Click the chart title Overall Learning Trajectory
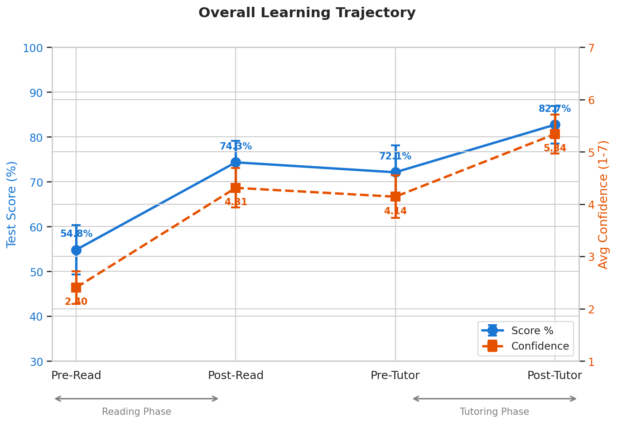(307, 13)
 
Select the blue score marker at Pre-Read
(76, 250)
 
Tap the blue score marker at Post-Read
(236, 162)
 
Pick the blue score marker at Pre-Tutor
(395, 172)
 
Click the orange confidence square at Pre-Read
(76, 288)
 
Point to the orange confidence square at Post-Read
(236, 187)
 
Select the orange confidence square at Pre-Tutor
(395, 197)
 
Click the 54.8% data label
(76, 234)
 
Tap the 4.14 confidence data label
(395, 211)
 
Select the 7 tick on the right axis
(591, 48)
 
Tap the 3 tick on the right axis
(591, 257)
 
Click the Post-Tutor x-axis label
(554, 375)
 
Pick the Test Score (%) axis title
(12, 204)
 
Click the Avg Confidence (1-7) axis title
(603, 204)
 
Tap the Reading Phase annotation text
(136, 412)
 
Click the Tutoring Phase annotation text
(494, 412)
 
